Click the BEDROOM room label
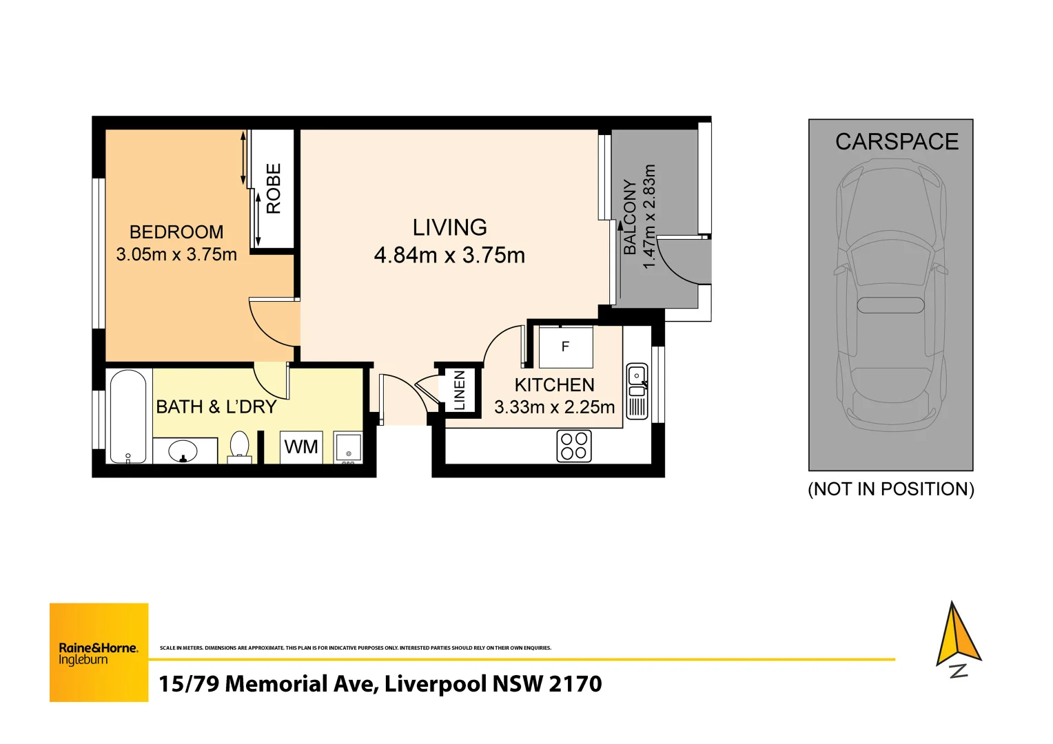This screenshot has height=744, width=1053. click(x=176, y=232)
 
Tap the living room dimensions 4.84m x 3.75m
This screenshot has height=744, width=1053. click(x=449, y=256)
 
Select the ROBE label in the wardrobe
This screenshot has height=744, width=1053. click(x=274, y=188)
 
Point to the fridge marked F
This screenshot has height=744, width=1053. click(x=565, y=347)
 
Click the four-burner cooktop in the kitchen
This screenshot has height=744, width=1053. click(x=573, y=446)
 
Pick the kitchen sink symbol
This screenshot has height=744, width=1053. click(x=637, y=391)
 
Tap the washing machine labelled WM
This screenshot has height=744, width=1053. click(x=301, y=447)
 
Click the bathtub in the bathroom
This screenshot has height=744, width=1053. click(x=128, y=416)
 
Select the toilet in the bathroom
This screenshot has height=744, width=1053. click(x=239, y=446)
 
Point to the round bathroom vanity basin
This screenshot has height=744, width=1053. click(x=183, y=452)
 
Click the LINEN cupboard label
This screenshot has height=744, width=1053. click(x=460, y=390)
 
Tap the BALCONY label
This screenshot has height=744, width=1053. click(x=629, y=217)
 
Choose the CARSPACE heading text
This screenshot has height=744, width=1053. click(x=897, y=142)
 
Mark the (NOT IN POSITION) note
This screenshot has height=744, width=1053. click(x=890, y=489)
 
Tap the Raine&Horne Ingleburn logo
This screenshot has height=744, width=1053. click(x=99, y=652)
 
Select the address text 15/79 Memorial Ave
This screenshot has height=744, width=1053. click(x=380, y=684)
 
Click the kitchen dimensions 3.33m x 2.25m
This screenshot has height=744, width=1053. click(x=554, y=407)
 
